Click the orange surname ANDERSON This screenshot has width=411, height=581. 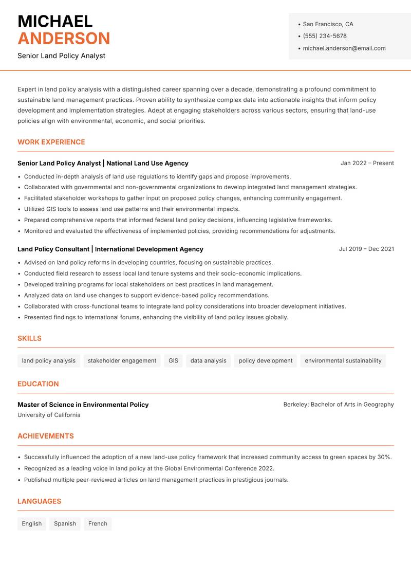coord(64,39)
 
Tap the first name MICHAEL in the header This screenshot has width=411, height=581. coord(55,22)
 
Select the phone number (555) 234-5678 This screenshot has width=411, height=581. coord(324,36)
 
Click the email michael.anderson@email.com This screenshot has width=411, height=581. coord(344,48)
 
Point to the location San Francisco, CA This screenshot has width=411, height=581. coord(328,24)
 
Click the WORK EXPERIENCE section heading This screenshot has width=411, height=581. coord(51,142)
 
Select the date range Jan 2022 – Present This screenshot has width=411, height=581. coord(367,163)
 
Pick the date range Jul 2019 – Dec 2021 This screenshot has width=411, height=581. coord(366,249)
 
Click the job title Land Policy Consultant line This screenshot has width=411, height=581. coord(110,249)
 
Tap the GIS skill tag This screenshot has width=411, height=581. coord(173,360)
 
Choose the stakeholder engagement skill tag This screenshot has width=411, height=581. coord(122,360)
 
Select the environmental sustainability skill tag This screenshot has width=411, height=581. coord(343,360)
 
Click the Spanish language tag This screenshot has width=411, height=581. coord(65,523)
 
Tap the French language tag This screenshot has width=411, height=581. coord(98,523)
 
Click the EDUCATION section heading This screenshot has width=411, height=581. coord(38,384)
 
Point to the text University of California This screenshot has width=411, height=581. coord(49,415)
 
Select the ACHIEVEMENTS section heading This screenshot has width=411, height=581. coord(46,436)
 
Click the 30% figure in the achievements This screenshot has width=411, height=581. coord(384,457)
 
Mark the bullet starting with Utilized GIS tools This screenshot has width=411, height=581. coord(132,209)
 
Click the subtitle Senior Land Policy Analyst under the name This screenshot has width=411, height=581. coord(61,56)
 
